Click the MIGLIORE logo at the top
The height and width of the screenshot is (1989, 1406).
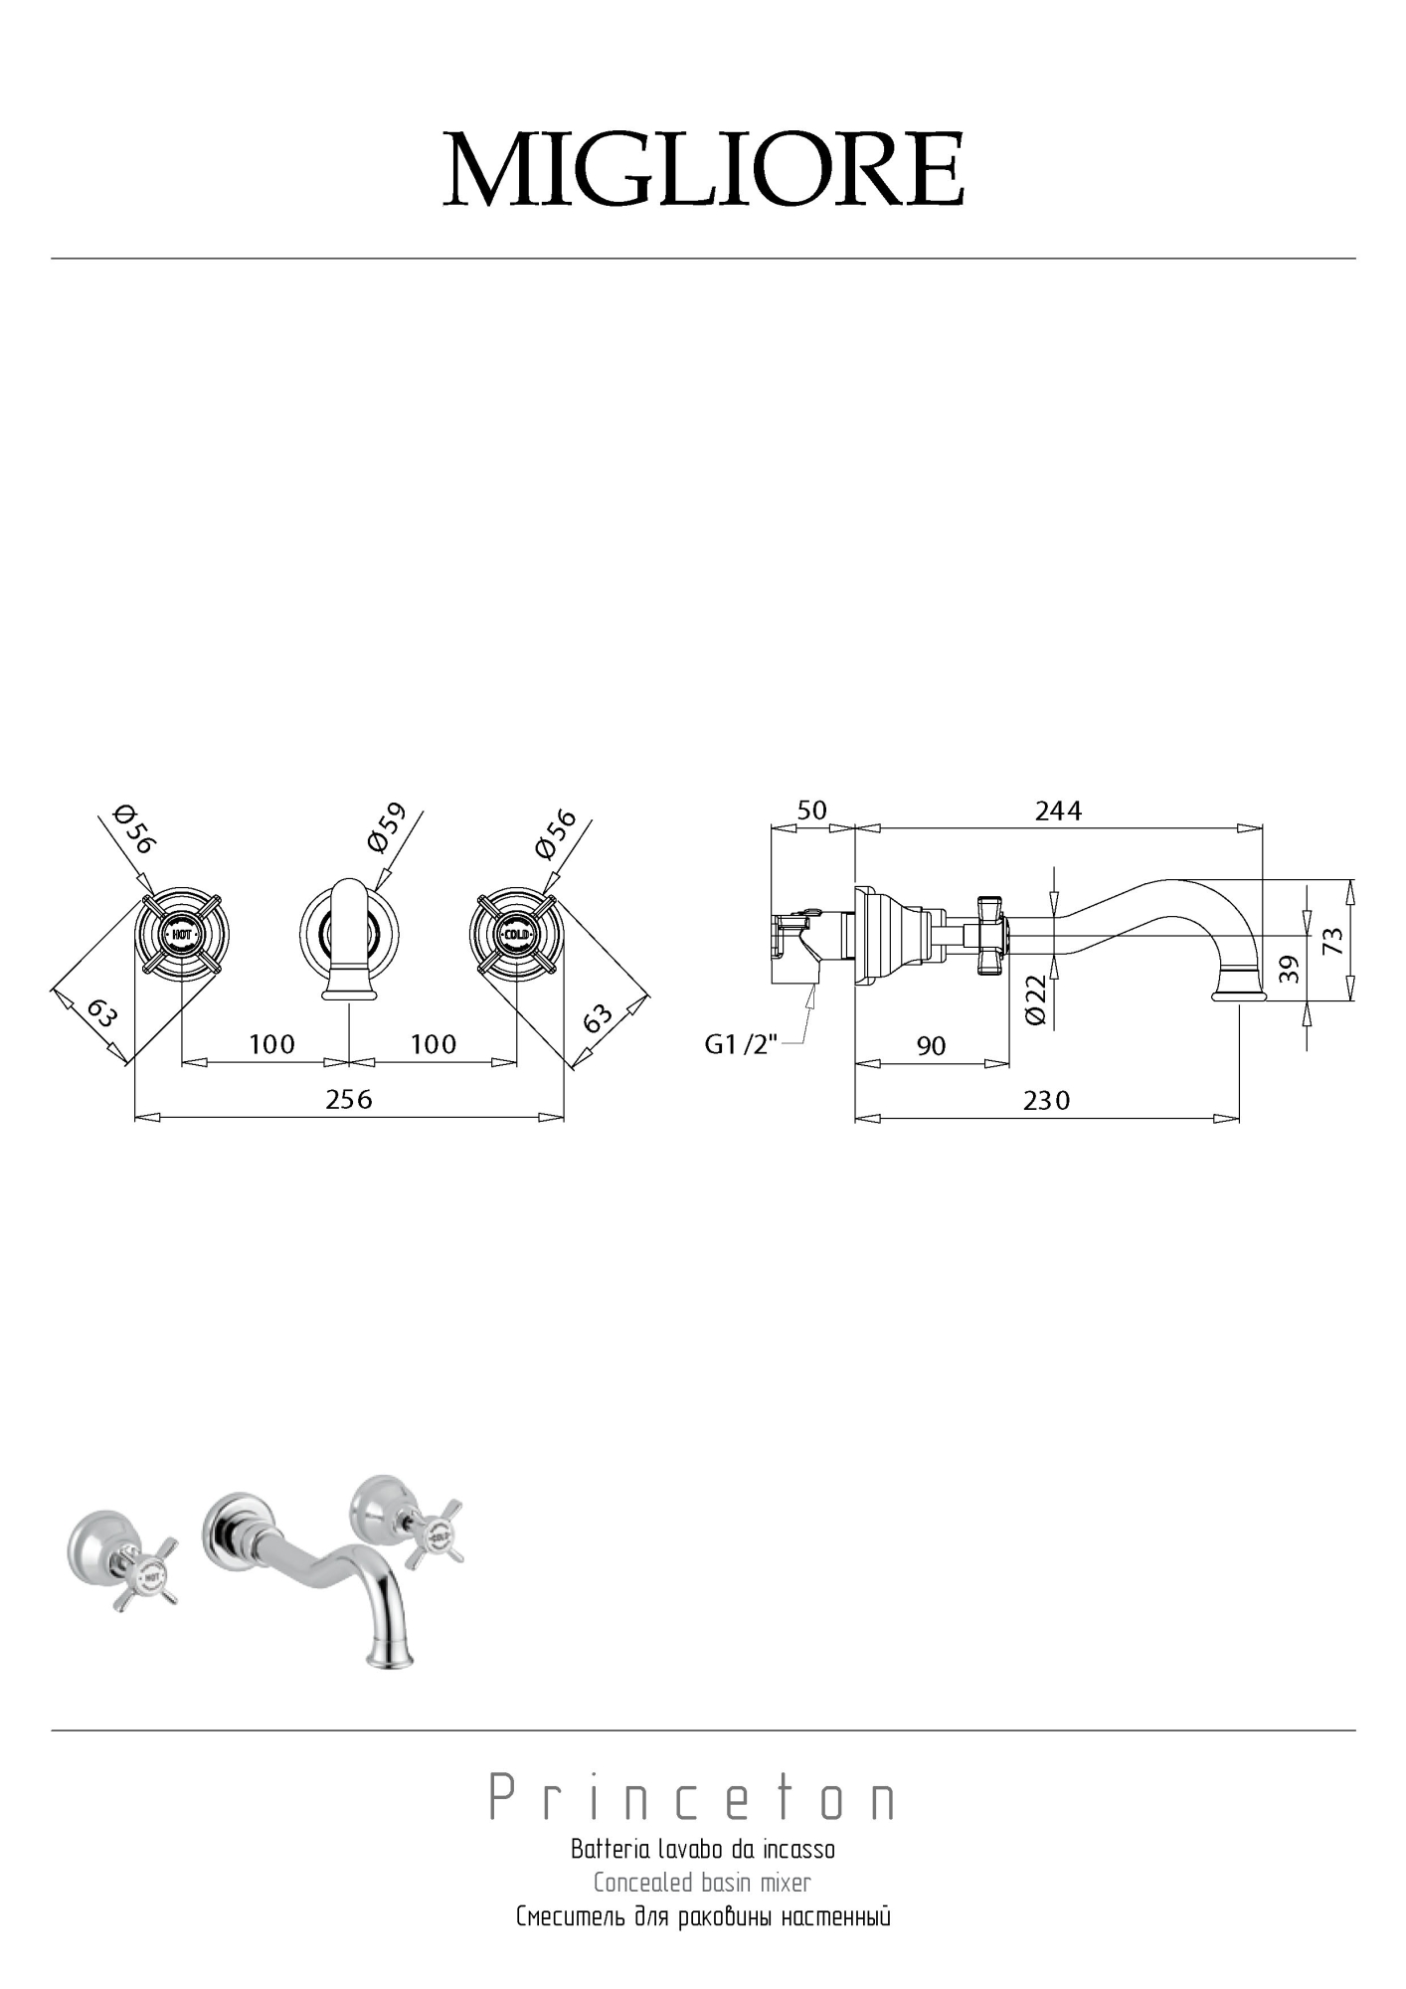pos(703,169)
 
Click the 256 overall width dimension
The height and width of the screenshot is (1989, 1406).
pos(349,1098)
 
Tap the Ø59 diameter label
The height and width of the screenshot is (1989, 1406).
pos(387,827)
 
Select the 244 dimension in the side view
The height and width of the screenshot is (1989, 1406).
pos(1058,811)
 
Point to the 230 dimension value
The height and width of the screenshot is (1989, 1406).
pos(1046,1100)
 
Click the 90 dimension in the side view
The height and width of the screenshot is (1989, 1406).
pos(931,1045)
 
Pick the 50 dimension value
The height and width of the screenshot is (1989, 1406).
pos(811,810)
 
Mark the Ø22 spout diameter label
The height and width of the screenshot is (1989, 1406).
pos(1035,999)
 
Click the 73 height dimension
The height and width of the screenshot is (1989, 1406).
pos(1333,940)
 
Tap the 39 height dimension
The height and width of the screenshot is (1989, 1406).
pos(1288,969)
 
